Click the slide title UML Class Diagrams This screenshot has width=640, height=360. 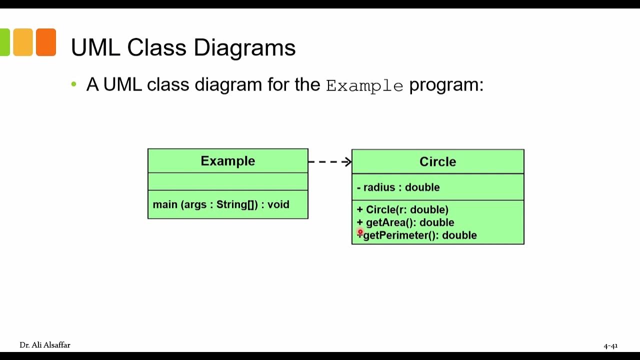tap(183, 48)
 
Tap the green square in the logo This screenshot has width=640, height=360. tap(4, 42)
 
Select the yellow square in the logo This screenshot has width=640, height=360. tap(23, 42)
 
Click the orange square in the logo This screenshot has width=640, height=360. tap(46, 42)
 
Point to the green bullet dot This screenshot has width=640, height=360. tap(74, 84)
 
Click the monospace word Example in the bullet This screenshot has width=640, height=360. tap(364, 86)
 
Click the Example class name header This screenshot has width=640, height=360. tap(228, 161)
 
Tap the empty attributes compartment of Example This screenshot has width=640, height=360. tap(228, 181)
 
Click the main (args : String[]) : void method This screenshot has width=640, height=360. tap(221, 204)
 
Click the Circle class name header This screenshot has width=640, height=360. tap(437, 162)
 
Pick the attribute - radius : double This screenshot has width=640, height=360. tap(398, 187)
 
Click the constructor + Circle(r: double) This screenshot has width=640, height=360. tap(402, 209)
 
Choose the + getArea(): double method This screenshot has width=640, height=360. tap(405, 222)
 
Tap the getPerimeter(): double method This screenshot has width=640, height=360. tap(420, 235)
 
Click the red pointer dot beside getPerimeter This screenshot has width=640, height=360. tap(360, 232)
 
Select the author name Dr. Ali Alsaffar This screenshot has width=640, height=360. tap(45, 345)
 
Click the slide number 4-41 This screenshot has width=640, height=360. tap(610, 345)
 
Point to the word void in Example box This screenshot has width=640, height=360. tap(278, 204)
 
